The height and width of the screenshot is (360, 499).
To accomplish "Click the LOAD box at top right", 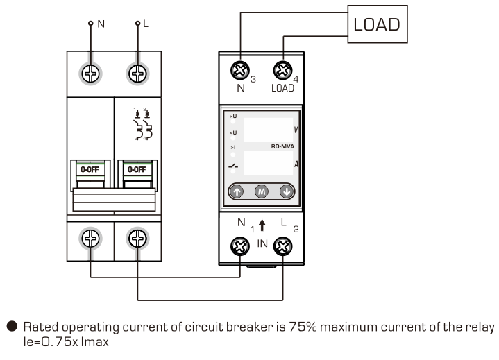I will click(x=377, y=24).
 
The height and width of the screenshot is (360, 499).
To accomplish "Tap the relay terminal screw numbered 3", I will click(x=239, y=69).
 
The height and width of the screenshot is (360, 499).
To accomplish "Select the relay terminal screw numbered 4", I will click(x=282, y=69).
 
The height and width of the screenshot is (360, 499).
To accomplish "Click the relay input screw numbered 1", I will click(x=240, y=246).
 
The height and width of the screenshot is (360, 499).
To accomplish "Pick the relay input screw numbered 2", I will click(x=282, y=246).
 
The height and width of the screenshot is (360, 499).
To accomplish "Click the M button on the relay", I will click(x=262, y=192).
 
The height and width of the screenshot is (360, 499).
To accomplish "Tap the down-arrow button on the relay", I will click(x=286, y=192).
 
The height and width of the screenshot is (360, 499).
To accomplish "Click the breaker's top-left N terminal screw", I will click(x=91, y=73).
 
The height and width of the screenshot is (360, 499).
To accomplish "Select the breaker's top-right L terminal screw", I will click(x=137, y=73).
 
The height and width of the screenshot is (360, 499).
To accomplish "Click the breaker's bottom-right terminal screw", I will click(x=137, y=239).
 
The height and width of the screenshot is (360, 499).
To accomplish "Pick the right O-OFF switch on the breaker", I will click(x=135, y=169).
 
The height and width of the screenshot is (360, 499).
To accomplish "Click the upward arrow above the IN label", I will click(x=262, y=225).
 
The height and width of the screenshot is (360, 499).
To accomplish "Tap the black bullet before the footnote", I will click(x=11, y=327).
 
